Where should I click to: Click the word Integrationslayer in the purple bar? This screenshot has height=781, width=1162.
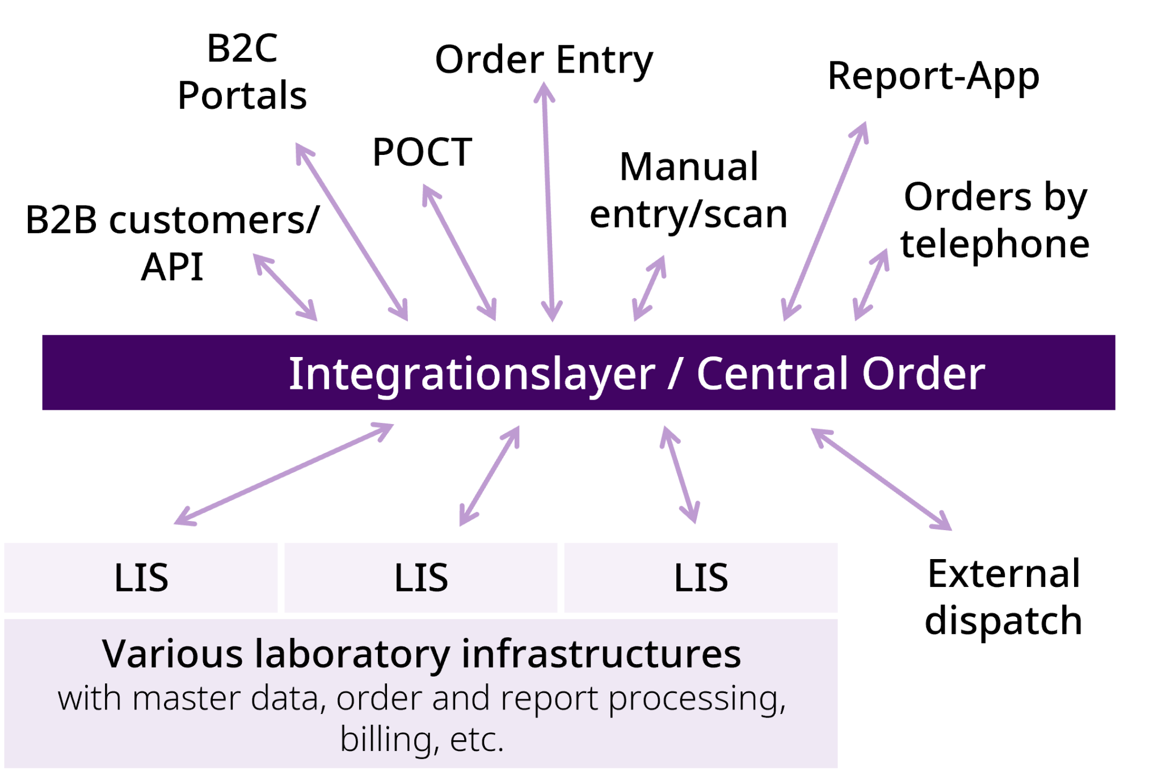471,374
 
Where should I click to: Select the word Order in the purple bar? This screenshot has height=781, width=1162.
923,374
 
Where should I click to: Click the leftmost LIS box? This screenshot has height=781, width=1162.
141,578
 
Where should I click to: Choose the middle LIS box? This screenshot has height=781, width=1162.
421,578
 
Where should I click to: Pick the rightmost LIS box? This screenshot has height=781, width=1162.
701,578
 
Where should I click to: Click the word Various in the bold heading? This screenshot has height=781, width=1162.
172,654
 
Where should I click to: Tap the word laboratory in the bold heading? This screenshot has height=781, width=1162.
352,655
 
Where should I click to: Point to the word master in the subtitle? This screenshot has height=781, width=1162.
186,699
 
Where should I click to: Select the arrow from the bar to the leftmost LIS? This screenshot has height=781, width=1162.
284,474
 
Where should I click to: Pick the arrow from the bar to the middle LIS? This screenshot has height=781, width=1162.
489,476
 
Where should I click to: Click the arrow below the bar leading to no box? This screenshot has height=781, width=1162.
881,479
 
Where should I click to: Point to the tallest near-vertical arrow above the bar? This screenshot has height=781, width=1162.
548,201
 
